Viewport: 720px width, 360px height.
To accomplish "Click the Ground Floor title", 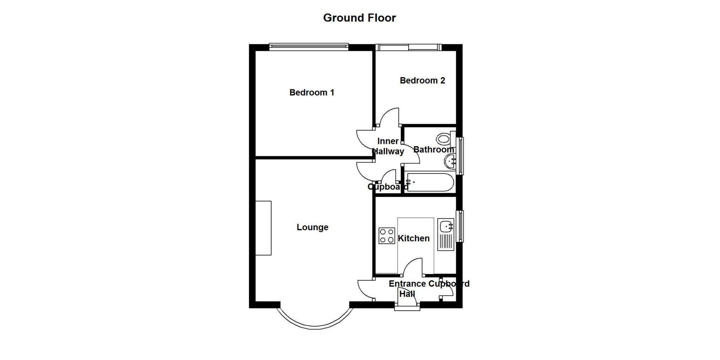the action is (x=359, y=18).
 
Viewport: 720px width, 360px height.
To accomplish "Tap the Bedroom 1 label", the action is (x=311, y=92).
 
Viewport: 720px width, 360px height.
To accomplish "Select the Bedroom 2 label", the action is (x=422, y=80).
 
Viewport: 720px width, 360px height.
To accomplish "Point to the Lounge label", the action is (x=312, y=227).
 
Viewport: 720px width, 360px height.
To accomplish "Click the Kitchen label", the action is (x=413, y=238).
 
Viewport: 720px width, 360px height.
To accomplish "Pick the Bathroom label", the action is (x=433, y=149).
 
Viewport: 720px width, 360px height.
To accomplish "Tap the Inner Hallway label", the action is (x=388, y=146).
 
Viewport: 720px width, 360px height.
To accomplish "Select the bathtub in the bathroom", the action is (x=430, y=182).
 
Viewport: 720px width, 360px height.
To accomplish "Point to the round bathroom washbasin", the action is (x=450, y=162).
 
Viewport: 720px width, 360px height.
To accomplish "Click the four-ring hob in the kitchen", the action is (x=386, y=235).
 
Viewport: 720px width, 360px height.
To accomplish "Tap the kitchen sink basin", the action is (x=446, y=226).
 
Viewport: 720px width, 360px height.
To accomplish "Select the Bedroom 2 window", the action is (x=408, y=47).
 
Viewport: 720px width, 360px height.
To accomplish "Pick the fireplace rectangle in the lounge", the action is (x=263, y=228).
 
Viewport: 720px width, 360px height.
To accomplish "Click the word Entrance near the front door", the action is (x=407, y=284).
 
